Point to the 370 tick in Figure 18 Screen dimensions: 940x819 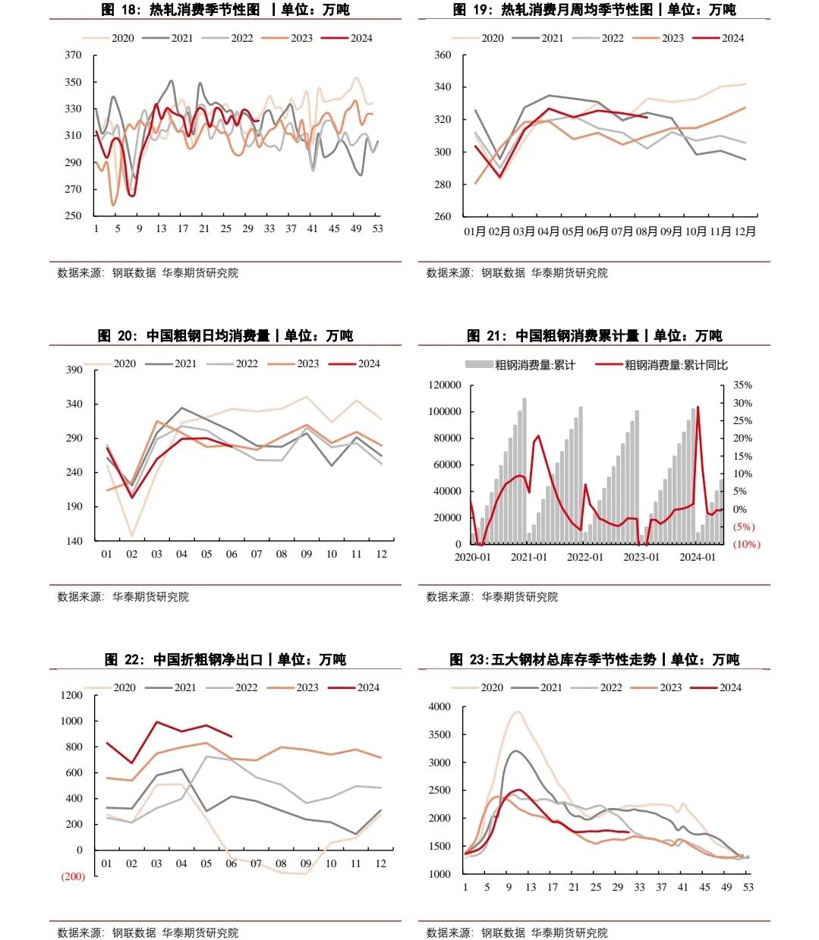73,55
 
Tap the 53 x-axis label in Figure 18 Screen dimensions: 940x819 377,228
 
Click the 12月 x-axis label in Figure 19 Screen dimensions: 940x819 743,231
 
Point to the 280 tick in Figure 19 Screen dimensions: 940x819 443,184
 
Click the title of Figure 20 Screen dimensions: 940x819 225,335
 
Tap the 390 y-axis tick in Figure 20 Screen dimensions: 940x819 74,369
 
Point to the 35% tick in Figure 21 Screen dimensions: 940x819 742,385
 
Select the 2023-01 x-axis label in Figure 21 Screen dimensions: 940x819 641,557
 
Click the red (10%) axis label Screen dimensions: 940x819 746,544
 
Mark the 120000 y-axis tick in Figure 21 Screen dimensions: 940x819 445,385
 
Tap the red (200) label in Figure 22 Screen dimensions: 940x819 73,876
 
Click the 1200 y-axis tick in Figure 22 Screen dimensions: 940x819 72,695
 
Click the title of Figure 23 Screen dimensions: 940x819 594,659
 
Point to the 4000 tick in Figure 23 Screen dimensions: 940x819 439,706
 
